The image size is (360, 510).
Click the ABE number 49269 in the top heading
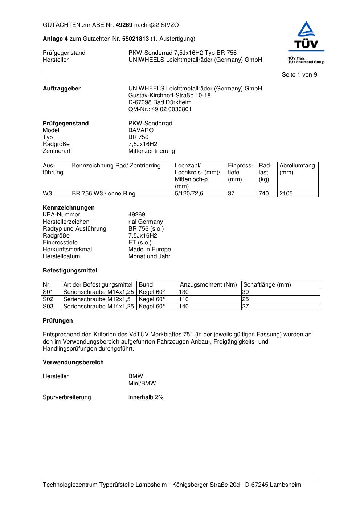pyautogui.click(x=124, y=25)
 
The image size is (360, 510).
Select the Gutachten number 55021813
pyautogui.click(x=135, y=39)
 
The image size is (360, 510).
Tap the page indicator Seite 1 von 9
pyautogui.click(x=299, y=74)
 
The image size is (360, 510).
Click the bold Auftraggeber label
pyautogui.click(x=62, y=89)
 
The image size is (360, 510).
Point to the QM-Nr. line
pyautogui.click(x=160, y=109)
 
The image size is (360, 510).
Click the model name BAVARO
pyautogui.click(x=141, y=130)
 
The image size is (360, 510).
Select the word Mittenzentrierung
pyautogui.click(x=151, y=151)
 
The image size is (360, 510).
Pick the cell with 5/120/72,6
pyautogui.click(x=189, y=194)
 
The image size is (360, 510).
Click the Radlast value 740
pyautogui.click(x=263, y=194)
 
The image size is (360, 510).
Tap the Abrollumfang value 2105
pyautogui.click(x=286, y=194)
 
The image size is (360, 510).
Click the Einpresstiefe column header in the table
pyautogui.click(x=241, y=172)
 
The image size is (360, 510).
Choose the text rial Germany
pyautogui.click(x=146, y=222)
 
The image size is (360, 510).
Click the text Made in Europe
pyautogui.click(x=150, y=249)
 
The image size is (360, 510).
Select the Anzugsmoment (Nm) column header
pyautogui.click(x=208, y=285)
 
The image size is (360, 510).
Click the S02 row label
pyautogui.click(x=48, y=299)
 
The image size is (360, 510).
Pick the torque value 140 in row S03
pyautogui.click(x=184, y=307)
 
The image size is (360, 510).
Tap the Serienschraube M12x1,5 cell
pyautogui.click(x=97, y=299)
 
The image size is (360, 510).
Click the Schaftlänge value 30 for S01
pyautogui.click(x=245, y=292)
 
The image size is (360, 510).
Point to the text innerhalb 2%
pyautogui.click(x=146, y=397)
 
